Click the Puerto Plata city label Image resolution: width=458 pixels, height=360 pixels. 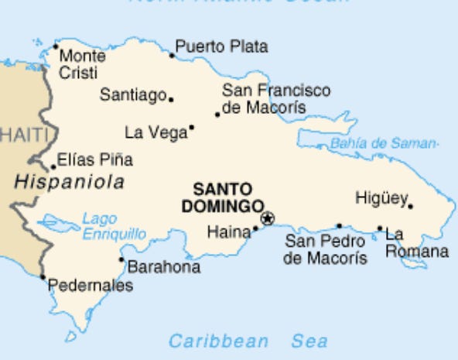click(221, 47)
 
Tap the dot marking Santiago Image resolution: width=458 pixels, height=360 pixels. click(171, 99)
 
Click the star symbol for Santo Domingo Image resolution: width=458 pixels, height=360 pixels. click(267, 219)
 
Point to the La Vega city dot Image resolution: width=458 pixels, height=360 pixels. click(191, 128)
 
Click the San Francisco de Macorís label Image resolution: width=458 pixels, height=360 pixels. click(275, 99)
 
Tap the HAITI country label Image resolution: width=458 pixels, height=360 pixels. click(23, 135)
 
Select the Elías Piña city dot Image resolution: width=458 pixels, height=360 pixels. click(53, 167)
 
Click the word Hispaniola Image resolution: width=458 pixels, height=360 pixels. click(70, 183)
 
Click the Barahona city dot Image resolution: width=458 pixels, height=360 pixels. click(121, 259)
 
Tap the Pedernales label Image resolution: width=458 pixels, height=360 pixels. click(91, 286)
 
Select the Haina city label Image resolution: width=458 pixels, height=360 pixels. click(229, 231)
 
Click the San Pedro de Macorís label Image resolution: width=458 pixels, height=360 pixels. click(325, 249)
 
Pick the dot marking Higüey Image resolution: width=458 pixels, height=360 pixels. click(410, 206)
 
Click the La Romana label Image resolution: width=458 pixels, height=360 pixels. click(416, 242)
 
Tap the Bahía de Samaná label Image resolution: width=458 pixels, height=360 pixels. click(384, 143)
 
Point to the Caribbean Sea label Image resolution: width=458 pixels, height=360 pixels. click(248, 341)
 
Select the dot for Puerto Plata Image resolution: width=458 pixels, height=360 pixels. click(172, 54)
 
